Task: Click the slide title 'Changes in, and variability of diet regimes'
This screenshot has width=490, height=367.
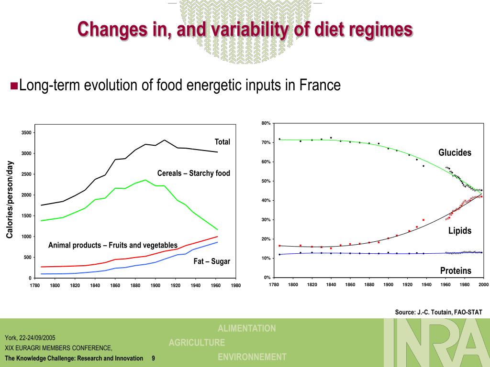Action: pyautogui.click(x=245, y=30)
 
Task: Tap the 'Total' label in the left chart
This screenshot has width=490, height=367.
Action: pyautogui.click(x=222, y=142)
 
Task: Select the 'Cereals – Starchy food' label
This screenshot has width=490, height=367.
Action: pyautogui.click(x=194, y=173)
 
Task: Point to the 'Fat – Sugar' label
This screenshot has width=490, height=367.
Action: pyautogui.click(x=212, y=261)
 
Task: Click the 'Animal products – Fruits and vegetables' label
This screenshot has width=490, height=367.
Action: pyautogui.click(x=113, y=245)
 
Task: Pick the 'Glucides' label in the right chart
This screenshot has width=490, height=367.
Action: pyautogui.click(x=455, y=153)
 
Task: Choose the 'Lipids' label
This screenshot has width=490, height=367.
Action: pyautogui.click(x=460, y=231)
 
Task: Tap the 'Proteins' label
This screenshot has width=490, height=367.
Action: pyautogui.click(x=456, y=271)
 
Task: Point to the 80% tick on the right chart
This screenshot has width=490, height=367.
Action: pyautogui.click(x=266, y=123)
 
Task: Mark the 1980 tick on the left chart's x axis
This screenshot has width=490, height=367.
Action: pyautogui.click(x=235, y=286)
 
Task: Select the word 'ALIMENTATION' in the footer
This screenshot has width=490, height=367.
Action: pyautogui.click(x=247, y=328)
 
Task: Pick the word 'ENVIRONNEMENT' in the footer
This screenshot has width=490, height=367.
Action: pyautogui.click(x=252, y=357)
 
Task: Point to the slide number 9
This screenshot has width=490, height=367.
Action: pyautogui.click(x=153, y=358)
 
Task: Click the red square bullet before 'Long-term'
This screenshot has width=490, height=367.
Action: pyautogui.click(x=14, y=86)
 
